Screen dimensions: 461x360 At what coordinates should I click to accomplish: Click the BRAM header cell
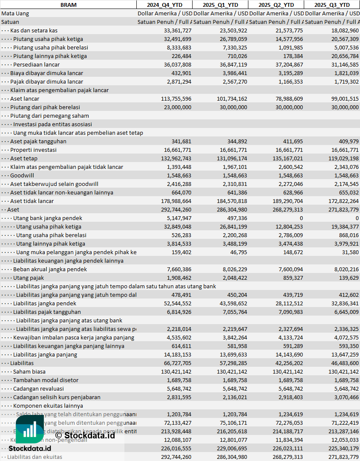point(68,5)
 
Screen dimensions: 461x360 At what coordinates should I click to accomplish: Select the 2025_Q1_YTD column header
point(220,5)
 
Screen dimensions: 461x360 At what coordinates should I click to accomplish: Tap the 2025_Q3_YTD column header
point(332,5)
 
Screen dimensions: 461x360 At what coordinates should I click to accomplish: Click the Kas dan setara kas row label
point(34,30)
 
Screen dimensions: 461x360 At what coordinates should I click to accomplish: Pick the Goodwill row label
point(22,175)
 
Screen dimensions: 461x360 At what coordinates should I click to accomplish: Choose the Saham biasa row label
point(29,371)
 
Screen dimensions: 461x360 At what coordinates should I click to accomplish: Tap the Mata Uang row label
point(15,13)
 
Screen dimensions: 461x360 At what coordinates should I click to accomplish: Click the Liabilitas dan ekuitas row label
point(35,457)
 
